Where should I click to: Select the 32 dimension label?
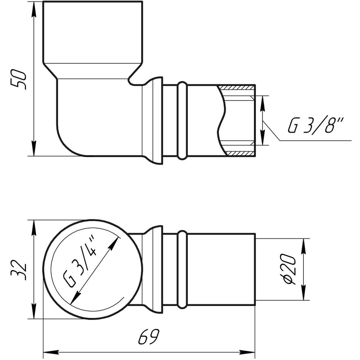pos(19,270)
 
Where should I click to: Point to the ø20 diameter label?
pos(290,269)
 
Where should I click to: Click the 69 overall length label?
pos(149,337)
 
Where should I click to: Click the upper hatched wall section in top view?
pos(237,88)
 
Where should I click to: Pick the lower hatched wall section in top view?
pos(240,153)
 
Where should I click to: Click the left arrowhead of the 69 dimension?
pos(51,351)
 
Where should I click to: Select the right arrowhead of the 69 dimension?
pos(247,351)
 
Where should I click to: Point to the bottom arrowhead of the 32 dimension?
pos(34,311)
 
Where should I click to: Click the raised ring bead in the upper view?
pos(183,121)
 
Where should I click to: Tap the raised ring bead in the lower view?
pos(183,269)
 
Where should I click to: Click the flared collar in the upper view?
pos(153,121)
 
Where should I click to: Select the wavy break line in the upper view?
pos(222,121)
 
